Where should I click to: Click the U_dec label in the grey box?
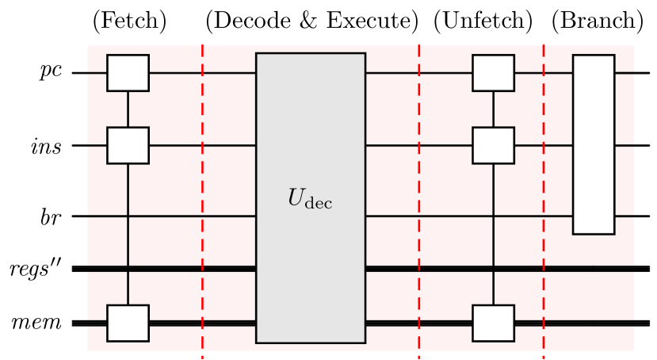point(310,199)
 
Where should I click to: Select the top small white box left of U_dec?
point(128,73)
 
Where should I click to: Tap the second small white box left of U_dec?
point(128,145)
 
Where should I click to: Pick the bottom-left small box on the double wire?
point(128,323)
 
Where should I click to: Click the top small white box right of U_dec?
point(493,73)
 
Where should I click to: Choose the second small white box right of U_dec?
point(493,145)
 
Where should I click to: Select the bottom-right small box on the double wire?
point(493,323)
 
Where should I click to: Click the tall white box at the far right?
point(594,144)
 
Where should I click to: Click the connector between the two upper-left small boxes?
point(128,109)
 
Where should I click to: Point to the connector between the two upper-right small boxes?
point(493,109)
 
